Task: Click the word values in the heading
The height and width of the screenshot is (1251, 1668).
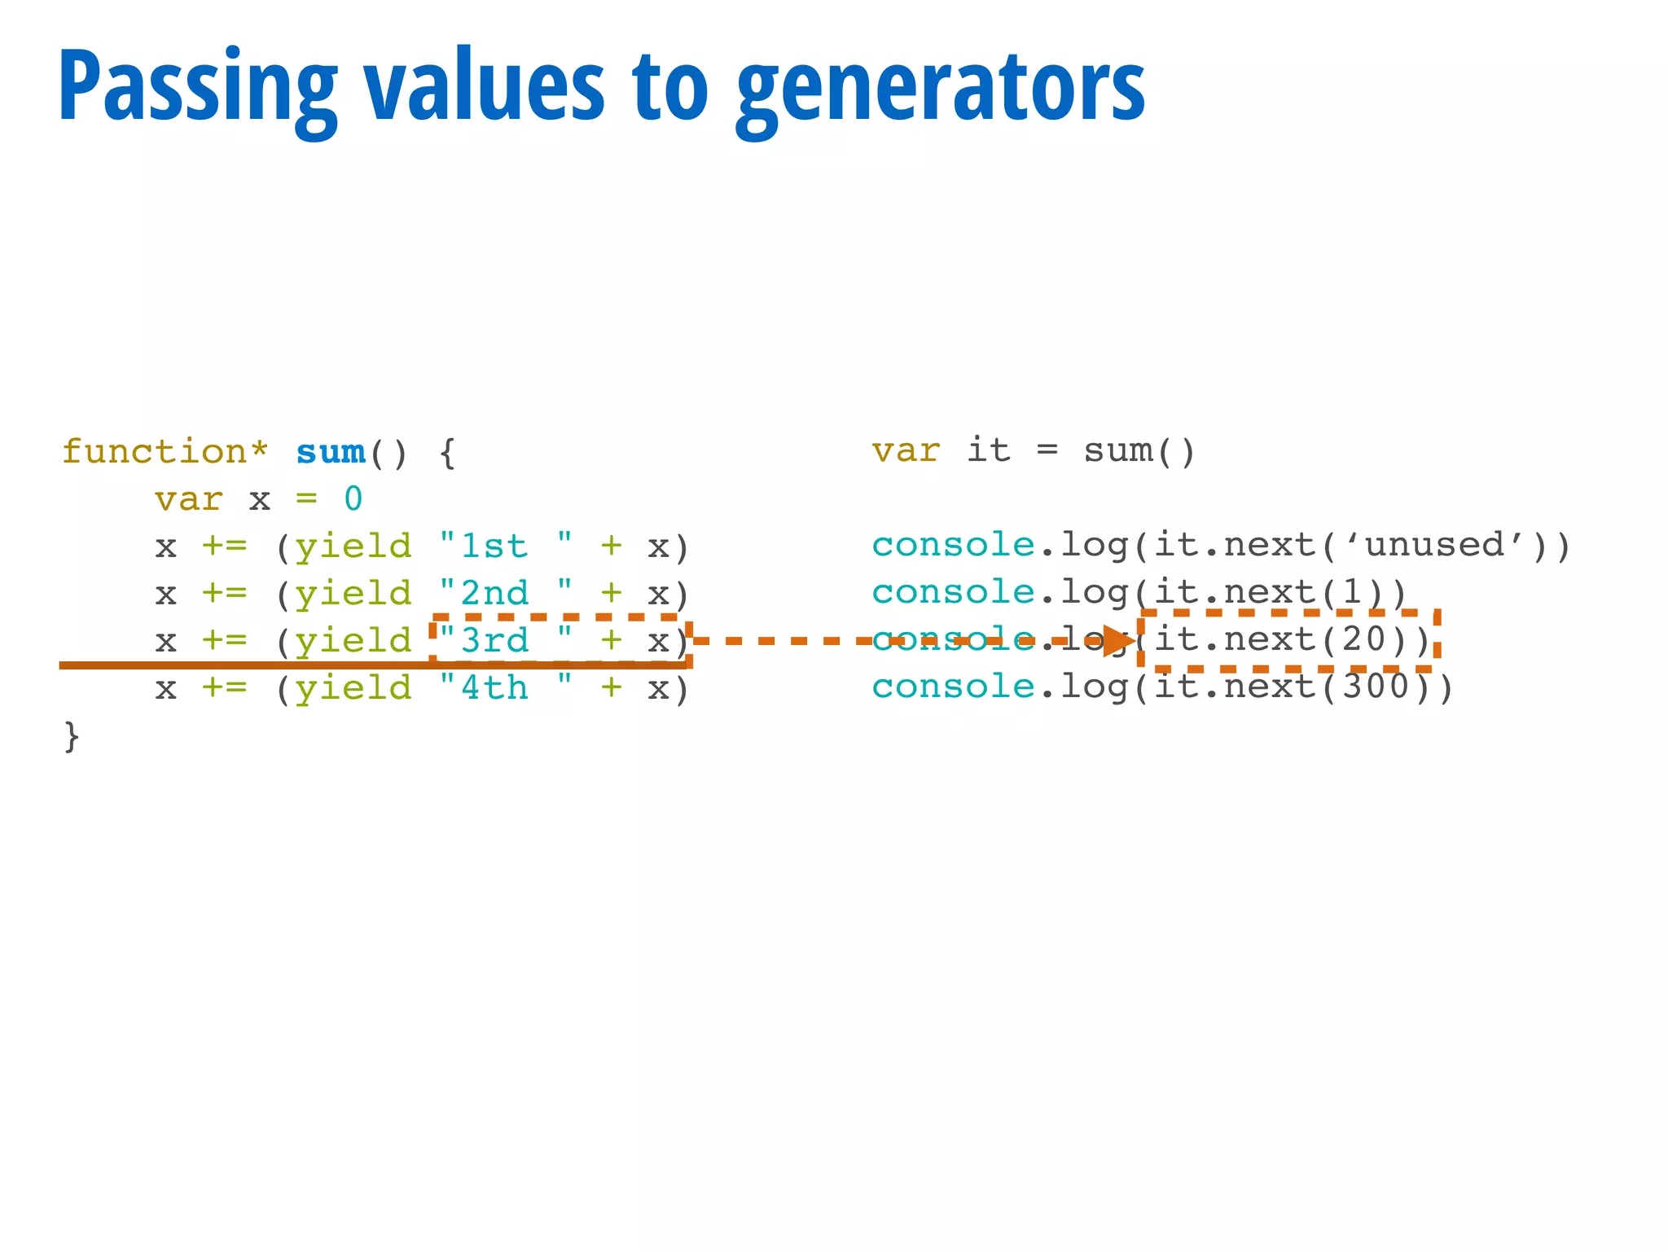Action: click(484, 86)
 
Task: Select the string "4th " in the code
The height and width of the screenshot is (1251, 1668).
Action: click(505, 688)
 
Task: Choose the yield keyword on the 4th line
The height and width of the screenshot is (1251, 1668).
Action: click(353, 688)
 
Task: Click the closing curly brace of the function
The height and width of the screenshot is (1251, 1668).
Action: click(72, 735)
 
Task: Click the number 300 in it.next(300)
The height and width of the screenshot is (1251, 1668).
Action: click(1376, 687)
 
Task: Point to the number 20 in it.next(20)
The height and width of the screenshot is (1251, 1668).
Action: click(1364, 639)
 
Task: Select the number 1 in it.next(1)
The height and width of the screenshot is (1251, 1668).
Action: click(1352, 592)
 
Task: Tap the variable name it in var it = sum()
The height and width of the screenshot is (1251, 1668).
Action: click(989, 450)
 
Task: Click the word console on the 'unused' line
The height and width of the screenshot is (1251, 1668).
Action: click(953, 545)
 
